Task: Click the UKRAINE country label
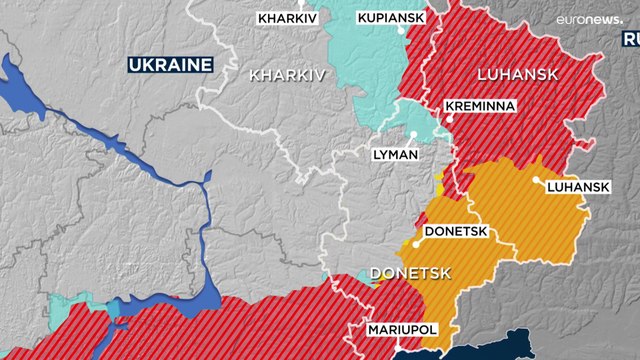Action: (x=170, y=65)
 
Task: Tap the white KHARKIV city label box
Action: (x=282, y=18)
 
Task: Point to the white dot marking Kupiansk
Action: (x=403, y=30)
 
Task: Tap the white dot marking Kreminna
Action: (x=451, y=118)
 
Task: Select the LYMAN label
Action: (x=394, y=155)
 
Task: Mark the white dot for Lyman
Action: (x=412, y=135)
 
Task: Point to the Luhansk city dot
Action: (x=538, y=180)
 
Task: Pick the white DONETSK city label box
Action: (x=455, y=231)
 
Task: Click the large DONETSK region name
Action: (x=411, y=273)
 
